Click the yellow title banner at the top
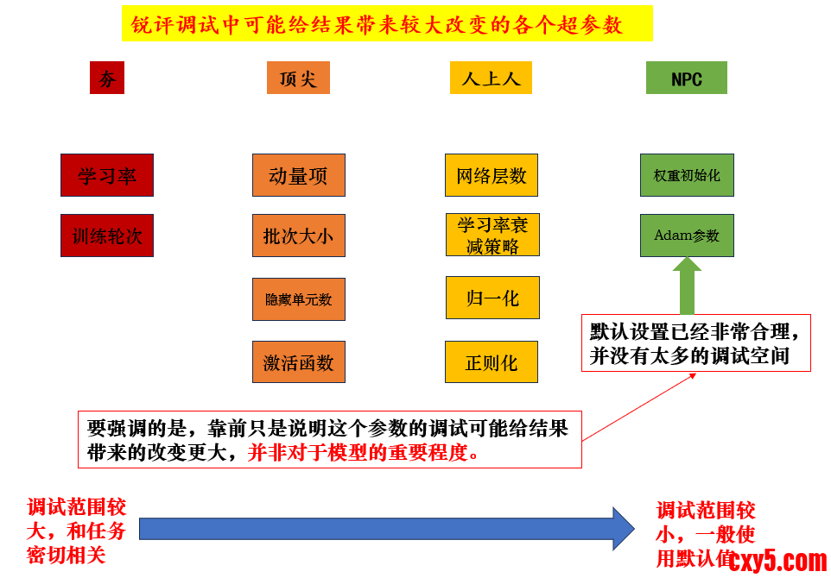(386, 25)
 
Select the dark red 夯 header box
(107, 79)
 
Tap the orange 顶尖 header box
(298, 79)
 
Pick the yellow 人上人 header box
(491, 79)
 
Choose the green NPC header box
(687, 79)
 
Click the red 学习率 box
(107, 175)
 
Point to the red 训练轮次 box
(107, 236)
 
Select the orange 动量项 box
(299, 175)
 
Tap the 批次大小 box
(299, 236)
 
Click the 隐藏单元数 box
(299, 299)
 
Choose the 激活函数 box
(299, 361)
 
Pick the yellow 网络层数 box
(492, 175)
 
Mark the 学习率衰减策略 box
(492, 235)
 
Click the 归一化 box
(492, 298)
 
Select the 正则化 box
(492, 361)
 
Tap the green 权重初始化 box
(687, 175)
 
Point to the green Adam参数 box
(687, 235)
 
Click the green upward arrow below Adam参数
(687, 287)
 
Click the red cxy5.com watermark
(778, 561)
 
